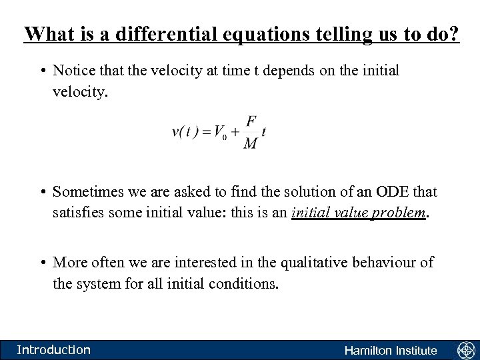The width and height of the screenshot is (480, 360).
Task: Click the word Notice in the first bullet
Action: [x=73, y=71]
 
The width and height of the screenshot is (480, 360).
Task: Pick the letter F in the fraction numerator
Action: [x=251, y=121]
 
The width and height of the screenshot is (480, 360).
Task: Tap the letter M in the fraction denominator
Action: [x=251, y=145]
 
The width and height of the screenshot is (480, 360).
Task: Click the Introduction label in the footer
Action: [x=53, y=349]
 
